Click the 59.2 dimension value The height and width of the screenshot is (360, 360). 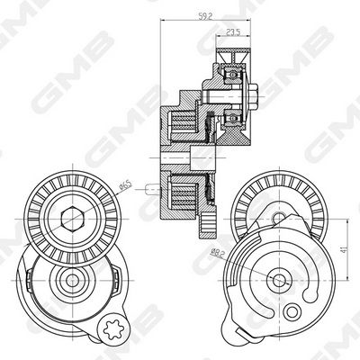pyautogui.click(x=205, y=16)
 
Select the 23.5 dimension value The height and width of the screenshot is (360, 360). pyautogui.click(x=233, y=32)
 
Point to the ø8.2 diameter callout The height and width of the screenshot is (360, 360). pyautogui.click(x=218, y=253)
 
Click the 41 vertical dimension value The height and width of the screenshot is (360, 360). pyautogui.click(x=344, y=248)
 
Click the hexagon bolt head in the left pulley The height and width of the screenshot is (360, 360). pyautogui.click(x=72, y=219)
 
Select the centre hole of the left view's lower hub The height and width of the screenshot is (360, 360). pyautogui.click(x=72, y=281)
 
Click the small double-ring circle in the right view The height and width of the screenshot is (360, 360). pyautogui.click(x=292, y=312)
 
